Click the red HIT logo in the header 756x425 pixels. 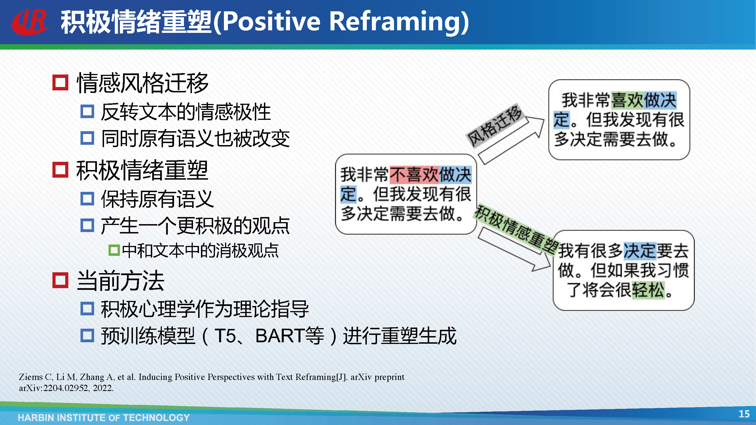(x=30, y=22)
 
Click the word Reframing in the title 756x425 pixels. (x=399, y=22)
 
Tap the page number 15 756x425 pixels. (x=744, y=414)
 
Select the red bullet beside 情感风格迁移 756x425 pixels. (x=60, y=82)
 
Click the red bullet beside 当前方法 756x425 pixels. (x=60, y=280)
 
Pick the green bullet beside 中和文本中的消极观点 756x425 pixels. (x=114, y=250)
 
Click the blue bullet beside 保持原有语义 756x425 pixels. (x=87, y=199)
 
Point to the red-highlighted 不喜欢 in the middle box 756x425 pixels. (x=414, y=175)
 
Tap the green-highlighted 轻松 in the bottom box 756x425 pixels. (x=648, y=290)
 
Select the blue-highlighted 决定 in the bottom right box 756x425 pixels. (x=639, y=251)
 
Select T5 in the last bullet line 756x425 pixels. (x=225, y=335)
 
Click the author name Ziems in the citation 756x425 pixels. (x=31, y=377)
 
